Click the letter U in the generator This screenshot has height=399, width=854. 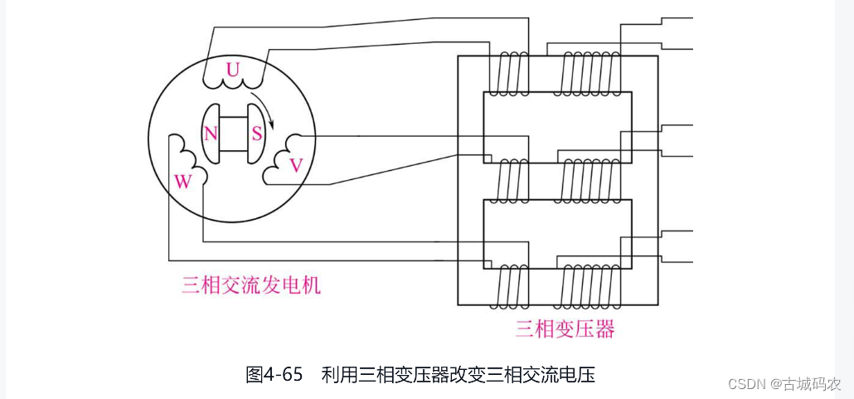pos(233,71)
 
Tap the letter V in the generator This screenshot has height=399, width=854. pos(295,165)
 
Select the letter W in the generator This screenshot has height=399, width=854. pos(182,182)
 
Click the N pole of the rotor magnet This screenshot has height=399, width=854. pos(211,134)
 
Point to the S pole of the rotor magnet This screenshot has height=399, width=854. pos(256,134)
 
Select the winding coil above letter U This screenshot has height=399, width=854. pos(232,84)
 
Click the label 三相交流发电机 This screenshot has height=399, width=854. pos(251,286)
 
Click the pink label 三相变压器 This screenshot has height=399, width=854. pos(565,329)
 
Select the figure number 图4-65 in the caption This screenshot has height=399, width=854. pos(274,374)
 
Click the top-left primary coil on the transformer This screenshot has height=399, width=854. pos(507,74)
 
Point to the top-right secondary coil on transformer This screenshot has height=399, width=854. pos(590,74)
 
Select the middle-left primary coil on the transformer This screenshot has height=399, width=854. pos(507,181)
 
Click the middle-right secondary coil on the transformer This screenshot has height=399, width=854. pos(590,181)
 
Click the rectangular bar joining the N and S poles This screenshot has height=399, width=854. pos(234,134)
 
